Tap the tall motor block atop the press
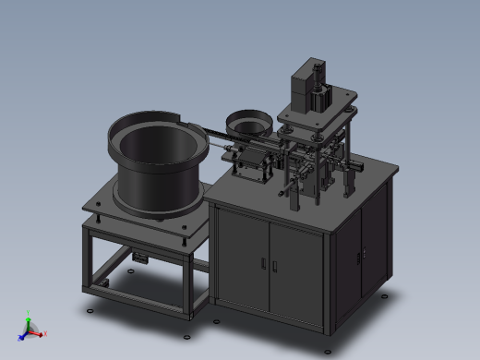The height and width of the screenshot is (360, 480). tap(306, 87)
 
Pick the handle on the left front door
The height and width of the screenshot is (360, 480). tap(262, 265)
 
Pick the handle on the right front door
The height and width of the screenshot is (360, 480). tap(275, 269)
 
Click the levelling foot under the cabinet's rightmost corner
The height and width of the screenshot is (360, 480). tap(384, 298)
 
